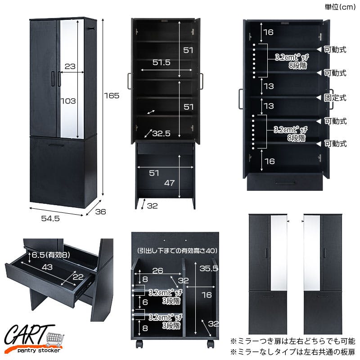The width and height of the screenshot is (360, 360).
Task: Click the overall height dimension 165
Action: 112,95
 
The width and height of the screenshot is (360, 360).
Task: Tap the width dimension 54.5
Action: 50,218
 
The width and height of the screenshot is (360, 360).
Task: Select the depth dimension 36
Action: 100,211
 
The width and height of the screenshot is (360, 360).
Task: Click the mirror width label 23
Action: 70,66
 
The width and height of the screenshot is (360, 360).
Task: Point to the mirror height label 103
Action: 68,101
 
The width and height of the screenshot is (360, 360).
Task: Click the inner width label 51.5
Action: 162,62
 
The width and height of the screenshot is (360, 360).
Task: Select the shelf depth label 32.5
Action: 161,133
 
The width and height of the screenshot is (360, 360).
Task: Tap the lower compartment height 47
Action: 170,183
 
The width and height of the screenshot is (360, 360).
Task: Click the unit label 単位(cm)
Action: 340,7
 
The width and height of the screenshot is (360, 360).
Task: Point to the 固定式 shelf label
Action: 335,98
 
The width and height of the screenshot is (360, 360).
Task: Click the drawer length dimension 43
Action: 47,267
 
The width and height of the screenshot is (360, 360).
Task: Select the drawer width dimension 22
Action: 78,277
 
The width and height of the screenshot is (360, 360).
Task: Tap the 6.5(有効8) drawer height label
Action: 51,255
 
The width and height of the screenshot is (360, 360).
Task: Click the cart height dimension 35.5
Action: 209,268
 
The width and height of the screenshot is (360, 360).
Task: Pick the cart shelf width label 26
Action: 158,271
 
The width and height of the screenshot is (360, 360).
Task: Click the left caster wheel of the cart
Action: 139,344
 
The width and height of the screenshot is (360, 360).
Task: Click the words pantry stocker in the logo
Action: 39,351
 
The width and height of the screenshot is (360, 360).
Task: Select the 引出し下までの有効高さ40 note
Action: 177,251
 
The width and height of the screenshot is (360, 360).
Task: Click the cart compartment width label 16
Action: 207,295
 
